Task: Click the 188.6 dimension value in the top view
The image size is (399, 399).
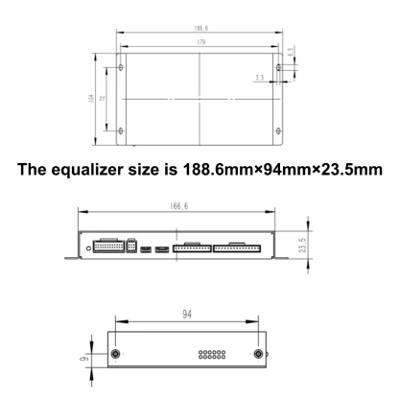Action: point(199,28)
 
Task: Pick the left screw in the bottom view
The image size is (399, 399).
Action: point(116,355)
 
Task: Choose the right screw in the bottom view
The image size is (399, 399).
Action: point(257,355)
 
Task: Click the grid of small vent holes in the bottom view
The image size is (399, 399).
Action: point(210,355)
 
